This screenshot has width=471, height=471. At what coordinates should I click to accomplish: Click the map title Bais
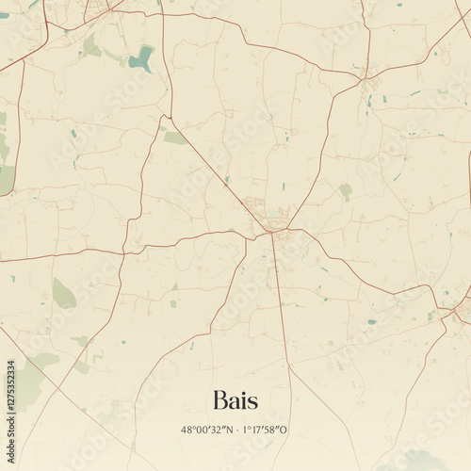(235, 399)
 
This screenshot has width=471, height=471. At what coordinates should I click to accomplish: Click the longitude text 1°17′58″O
(267, 430)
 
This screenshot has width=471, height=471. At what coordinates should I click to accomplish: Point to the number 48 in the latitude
(187, 430)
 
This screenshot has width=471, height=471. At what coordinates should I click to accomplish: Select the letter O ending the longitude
(285, 430)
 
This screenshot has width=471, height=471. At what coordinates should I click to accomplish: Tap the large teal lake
(141, 58)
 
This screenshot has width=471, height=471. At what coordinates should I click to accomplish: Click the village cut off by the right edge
(463, 311)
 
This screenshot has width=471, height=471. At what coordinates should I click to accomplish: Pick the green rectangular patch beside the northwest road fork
(175, 138)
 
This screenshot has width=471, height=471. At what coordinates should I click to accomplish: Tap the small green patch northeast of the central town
(346, 191)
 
